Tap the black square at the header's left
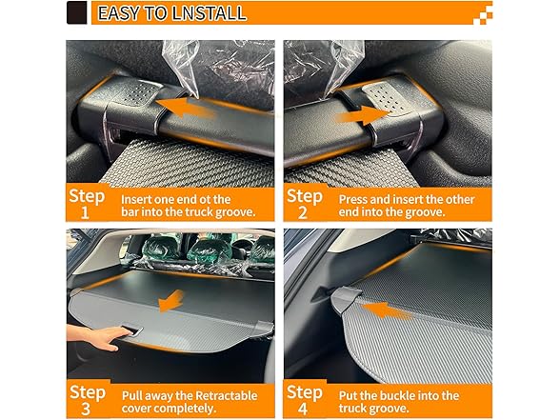pos(77,13)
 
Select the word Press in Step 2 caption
pos(354,198)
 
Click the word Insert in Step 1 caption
pos(136,198)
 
